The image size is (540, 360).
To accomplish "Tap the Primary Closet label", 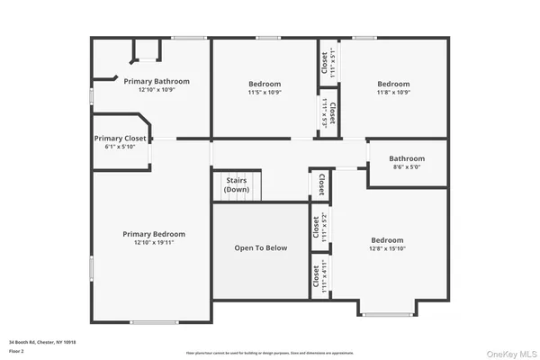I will pyautogui.click(x=120, y=139).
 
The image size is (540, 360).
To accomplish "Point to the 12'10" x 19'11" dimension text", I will pyautogui.click(x=154, y=242).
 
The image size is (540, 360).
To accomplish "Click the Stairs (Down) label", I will pyautogui.click(x=238, y=184).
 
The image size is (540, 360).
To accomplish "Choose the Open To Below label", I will pyautogui.click(x=261, y=247).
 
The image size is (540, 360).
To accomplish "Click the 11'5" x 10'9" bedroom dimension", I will pyautogui.click(x=265, y=92).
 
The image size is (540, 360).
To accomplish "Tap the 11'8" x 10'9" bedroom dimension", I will pyautogui.click(x=393, y=92).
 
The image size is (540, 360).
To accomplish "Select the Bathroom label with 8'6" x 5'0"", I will pyautogui.click(x=407, y=158).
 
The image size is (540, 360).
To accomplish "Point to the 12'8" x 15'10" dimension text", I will pyautogui.click(x=388, y=248).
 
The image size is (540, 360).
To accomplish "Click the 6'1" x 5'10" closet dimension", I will pyautogui.click(x=120, y=148).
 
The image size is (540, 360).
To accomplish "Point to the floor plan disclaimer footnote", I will pyautogui.click(x=270, y=352).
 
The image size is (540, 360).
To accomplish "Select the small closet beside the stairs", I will pyautogui.click(x=320, y=184).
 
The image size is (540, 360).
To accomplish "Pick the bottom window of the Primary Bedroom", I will pyautogui.click(x=154, y=322).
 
